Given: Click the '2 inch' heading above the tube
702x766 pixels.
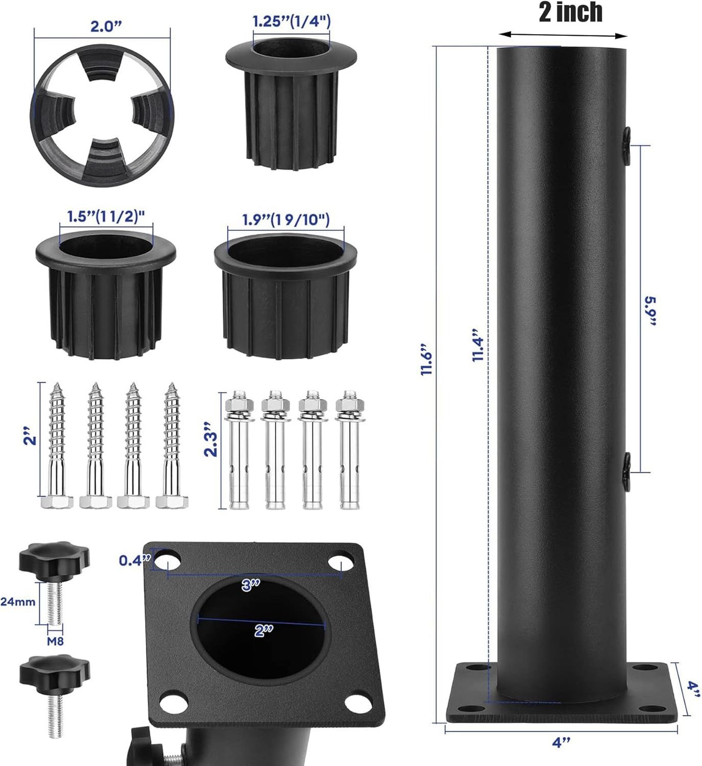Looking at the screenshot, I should (x=570, y=12).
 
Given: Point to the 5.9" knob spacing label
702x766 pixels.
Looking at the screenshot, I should (x=650, y=310).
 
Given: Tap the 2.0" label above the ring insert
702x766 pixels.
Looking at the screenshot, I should (x=106, y=27).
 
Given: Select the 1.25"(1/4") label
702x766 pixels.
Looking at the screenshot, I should (x=292, y=21).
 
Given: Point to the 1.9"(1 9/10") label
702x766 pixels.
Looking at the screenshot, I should (x=285, y=220).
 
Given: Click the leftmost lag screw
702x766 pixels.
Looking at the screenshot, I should (x=56, y=444).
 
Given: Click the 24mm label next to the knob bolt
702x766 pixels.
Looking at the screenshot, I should (x=18, y=602).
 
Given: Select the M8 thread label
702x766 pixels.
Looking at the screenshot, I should (x=55, y=641).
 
